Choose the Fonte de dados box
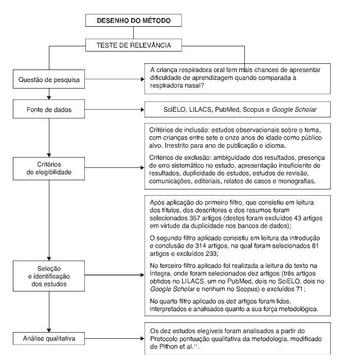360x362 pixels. click(48, 110)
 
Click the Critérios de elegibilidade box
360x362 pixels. click(48, 168)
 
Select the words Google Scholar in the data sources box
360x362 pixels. click(295, 110)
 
